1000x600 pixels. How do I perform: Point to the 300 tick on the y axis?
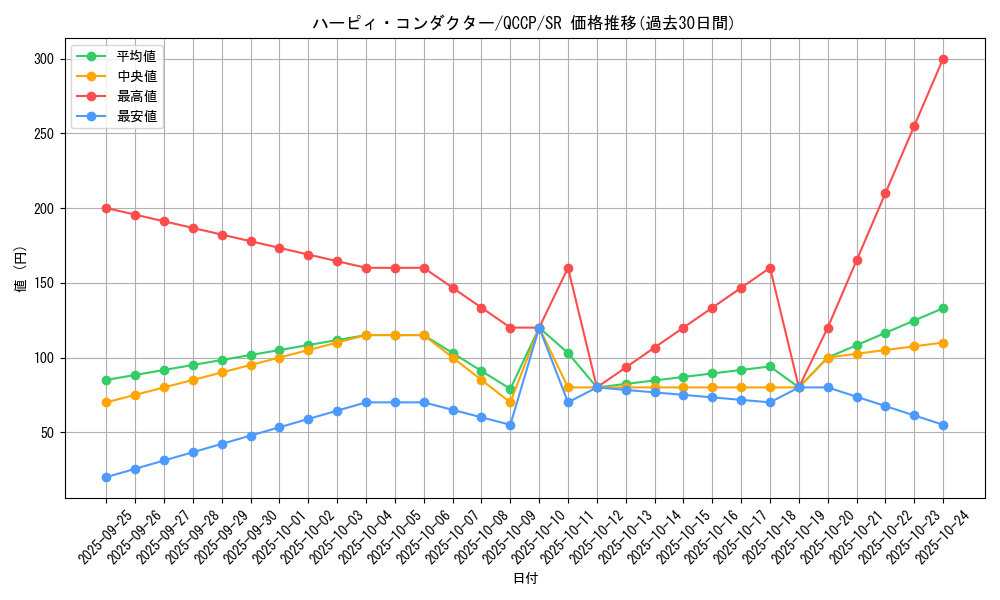pyautogui.click(x=45, y=59)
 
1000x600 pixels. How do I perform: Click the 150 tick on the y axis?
pyautogui.click(x=45, y=283)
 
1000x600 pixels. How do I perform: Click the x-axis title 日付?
pyautogui.click(x=525, y=579)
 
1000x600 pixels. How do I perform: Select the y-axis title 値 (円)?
pyautogui.click(x=20, y=268)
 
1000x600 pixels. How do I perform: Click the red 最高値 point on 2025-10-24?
pyautogui.click(x=943, y=59)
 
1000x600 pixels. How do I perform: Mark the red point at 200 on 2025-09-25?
pyautogui.click(x=106, y=208)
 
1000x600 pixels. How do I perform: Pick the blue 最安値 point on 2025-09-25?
pyautogui.click(x=106, y=477)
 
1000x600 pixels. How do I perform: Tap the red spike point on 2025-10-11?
pyautogui.click(x=568, y=268)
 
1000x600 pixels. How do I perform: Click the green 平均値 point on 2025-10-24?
pyautogui.click(x=943, y=308)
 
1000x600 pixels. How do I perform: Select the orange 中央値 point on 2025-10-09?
pyautogui.click(x=510, y=402)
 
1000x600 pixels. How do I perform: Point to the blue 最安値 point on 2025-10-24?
pyautogui.click(x=943, y=425)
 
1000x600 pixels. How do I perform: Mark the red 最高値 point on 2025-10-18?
pyautogui.click(x=770, y=268)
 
